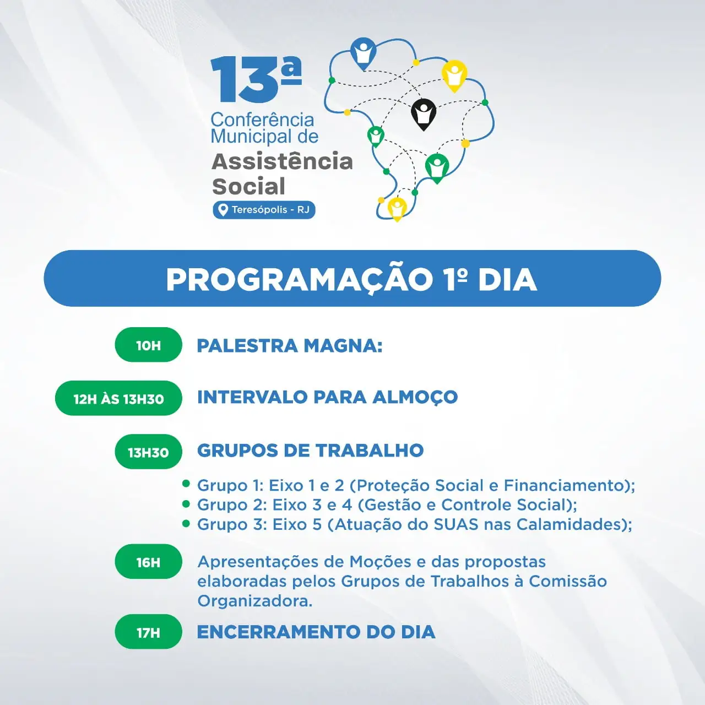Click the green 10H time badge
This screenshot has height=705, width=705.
pyautogui.click(x=148, y=345)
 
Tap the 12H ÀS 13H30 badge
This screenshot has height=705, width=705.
pyautogui.click(x=118, y=398)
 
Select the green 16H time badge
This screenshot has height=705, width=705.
pyautogui.click(x=148, y=562)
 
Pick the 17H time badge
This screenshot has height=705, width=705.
pyautogui.click(x=148, y=632)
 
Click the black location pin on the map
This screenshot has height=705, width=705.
pyautogui.click(x=424, y=113)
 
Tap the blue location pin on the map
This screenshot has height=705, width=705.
pyautogui.click(x=363, y=52)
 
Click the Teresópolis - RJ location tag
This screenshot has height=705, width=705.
pyautogui.click(x=264, y=210)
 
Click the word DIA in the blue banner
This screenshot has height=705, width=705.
pyautogui.click(x=507, y=280)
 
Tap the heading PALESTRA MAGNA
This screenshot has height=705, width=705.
pyautogui.click(x=290, y=346)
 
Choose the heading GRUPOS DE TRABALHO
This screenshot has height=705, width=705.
pyautogui.click(x=310, y=451)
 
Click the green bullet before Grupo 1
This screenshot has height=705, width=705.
pyautogui.click(x=186, y=484)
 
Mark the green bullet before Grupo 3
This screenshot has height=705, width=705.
pyautogui.click(x=186, y=524)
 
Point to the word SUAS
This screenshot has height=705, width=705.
pyautogui.click(x=456, y=525)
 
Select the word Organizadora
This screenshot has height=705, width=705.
pyautogui.click(x=255, y=601)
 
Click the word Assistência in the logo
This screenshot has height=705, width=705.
pyautogui.click(x=282, y=161)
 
